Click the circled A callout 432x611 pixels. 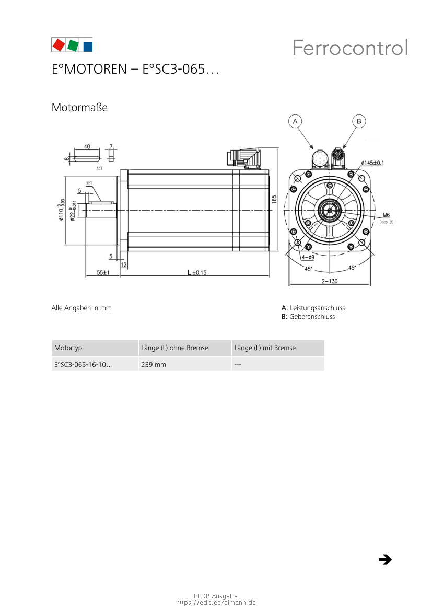click(x=295, y=121)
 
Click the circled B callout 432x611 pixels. click(x=359, y=121)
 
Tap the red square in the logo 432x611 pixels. click(x=59, y=45)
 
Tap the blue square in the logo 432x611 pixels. click(x=88, y=47)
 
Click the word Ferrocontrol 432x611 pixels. click(x=350, y=48)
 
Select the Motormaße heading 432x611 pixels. click(x=79, y=108)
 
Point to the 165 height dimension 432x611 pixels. click(x=274, y=199)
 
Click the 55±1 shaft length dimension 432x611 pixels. click(x=103, y=272)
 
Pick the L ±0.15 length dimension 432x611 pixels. click(x=197, y=272)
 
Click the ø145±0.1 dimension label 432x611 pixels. click(x=372, y=163)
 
